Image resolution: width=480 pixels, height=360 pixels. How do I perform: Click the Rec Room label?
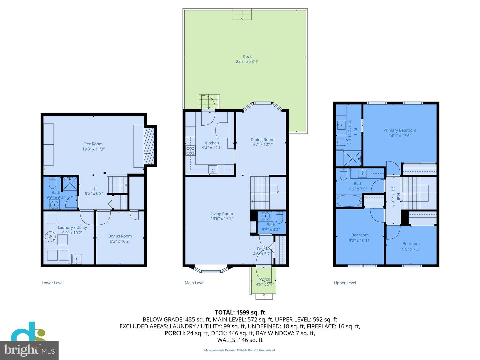93,144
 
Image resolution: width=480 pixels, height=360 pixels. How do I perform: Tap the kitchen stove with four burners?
190,151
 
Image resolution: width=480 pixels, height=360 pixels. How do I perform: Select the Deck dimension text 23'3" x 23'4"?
247,62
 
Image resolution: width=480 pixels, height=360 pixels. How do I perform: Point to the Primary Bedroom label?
400,130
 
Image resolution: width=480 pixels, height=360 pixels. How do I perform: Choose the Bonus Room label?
120,236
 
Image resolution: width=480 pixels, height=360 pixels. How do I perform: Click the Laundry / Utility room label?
72,227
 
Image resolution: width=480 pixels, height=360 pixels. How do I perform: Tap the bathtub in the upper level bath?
349,201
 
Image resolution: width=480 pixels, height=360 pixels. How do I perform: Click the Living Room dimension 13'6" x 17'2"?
222,219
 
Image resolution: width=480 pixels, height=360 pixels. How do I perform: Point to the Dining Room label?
263,140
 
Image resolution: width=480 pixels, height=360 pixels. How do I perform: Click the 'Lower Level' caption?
52,283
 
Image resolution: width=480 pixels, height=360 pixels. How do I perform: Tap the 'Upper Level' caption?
345,283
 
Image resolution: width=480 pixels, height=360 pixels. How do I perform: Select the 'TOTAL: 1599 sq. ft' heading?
240,312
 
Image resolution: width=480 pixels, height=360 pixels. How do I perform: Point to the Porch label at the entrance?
265,279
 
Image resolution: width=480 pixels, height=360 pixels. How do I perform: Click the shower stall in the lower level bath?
70,183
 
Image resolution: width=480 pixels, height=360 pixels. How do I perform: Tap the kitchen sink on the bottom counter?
213,170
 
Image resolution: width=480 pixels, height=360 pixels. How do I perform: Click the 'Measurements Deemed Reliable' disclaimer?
240,350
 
